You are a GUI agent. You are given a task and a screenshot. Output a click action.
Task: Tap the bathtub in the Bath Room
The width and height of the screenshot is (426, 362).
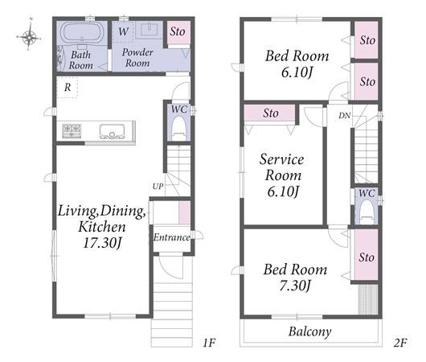[80, 33]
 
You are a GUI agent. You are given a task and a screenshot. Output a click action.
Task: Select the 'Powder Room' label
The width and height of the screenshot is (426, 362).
[137, 57]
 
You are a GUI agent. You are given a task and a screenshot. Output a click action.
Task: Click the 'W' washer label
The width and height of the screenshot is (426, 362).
[123, 32]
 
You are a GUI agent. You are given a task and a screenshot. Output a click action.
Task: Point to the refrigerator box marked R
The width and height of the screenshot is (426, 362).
[68, 87]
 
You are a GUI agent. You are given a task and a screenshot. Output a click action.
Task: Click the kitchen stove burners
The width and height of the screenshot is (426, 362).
[72, 131]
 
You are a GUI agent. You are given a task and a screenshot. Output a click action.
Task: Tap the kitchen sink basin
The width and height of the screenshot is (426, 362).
[112, 131]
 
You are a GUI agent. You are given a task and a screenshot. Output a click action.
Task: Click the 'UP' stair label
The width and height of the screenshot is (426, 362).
[158, 187]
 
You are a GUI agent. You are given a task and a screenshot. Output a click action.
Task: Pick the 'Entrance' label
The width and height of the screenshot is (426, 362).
[172, 237]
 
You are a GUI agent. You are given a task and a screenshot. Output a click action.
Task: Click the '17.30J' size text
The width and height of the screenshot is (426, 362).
[102, 243]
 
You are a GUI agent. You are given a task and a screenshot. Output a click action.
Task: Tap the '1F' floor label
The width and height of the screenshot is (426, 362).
[209, 343]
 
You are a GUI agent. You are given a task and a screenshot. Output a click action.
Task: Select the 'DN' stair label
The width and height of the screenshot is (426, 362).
[345, 116]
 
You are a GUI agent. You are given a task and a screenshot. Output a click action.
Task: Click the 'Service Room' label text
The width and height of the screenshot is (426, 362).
[282, 167]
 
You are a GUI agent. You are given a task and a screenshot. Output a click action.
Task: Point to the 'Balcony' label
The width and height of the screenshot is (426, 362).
[310, 331]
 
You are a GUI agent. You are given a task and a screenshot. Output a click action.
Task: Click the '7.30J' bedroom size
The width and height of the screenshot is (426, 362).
[295, 286]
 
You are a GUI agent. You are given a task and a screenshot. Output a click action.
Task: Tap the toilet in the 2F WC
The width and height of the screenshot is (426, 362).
[367, 212]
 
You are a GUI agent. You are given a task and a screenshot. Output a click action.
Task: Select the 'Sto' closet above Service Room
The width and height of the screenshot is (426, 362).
[270, 113]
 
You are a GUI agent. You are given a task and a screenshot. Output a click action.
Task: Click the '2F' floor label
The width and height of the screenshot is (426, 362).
[400, 343]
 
